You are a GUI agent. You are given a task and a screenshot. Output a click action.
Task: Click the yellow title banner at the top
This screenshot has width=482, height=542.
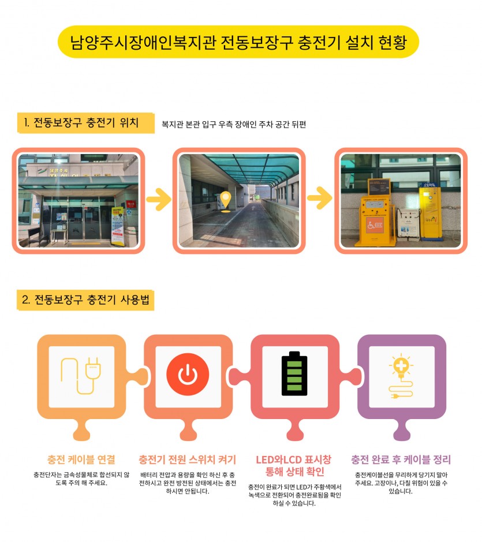pos(238,42)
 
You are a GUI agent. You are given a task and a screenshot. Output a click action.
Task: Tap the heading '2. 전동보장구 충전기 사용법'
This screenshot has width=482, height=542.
pos(85,300)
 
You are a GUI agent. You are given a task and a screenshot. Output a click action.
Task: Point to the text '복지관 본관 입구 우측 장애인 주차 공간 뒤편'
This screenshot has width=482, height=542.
pos(234,125)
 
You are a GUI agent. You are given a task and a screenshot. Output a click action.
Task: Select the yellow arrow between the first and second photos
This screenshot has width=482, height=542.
pos(159,199)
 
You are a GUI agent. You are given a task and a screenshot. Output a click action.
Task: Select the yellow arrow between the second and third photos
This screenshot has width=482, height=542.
pos(320,198)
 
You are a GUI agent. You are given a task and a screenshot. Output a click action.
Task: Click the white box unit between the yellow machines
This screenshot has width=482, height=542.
pos(408,223)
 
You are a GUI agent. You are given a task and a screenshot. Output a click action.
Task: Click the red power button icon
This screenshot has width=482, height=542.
pos(188,375)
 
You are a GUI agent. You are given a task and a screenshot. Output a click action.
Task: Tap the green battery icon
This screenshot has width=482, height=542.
pos(294,373)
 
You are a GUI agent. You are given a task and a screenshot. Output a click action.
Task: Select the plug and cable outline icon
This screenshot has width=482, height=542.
pos(81,376)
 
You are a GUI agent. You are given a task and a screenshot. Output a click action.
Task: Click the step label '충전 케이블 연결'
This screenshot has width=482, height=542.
pos(81,459)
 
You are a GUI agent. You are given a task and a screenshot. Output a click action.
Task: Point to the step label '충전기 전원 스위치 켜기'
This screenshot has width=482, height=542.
pos(188,459)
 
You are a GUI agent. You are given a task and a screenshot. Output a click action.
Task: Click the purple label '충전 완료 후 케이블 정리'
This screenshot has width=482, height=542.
pos(401,459)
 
